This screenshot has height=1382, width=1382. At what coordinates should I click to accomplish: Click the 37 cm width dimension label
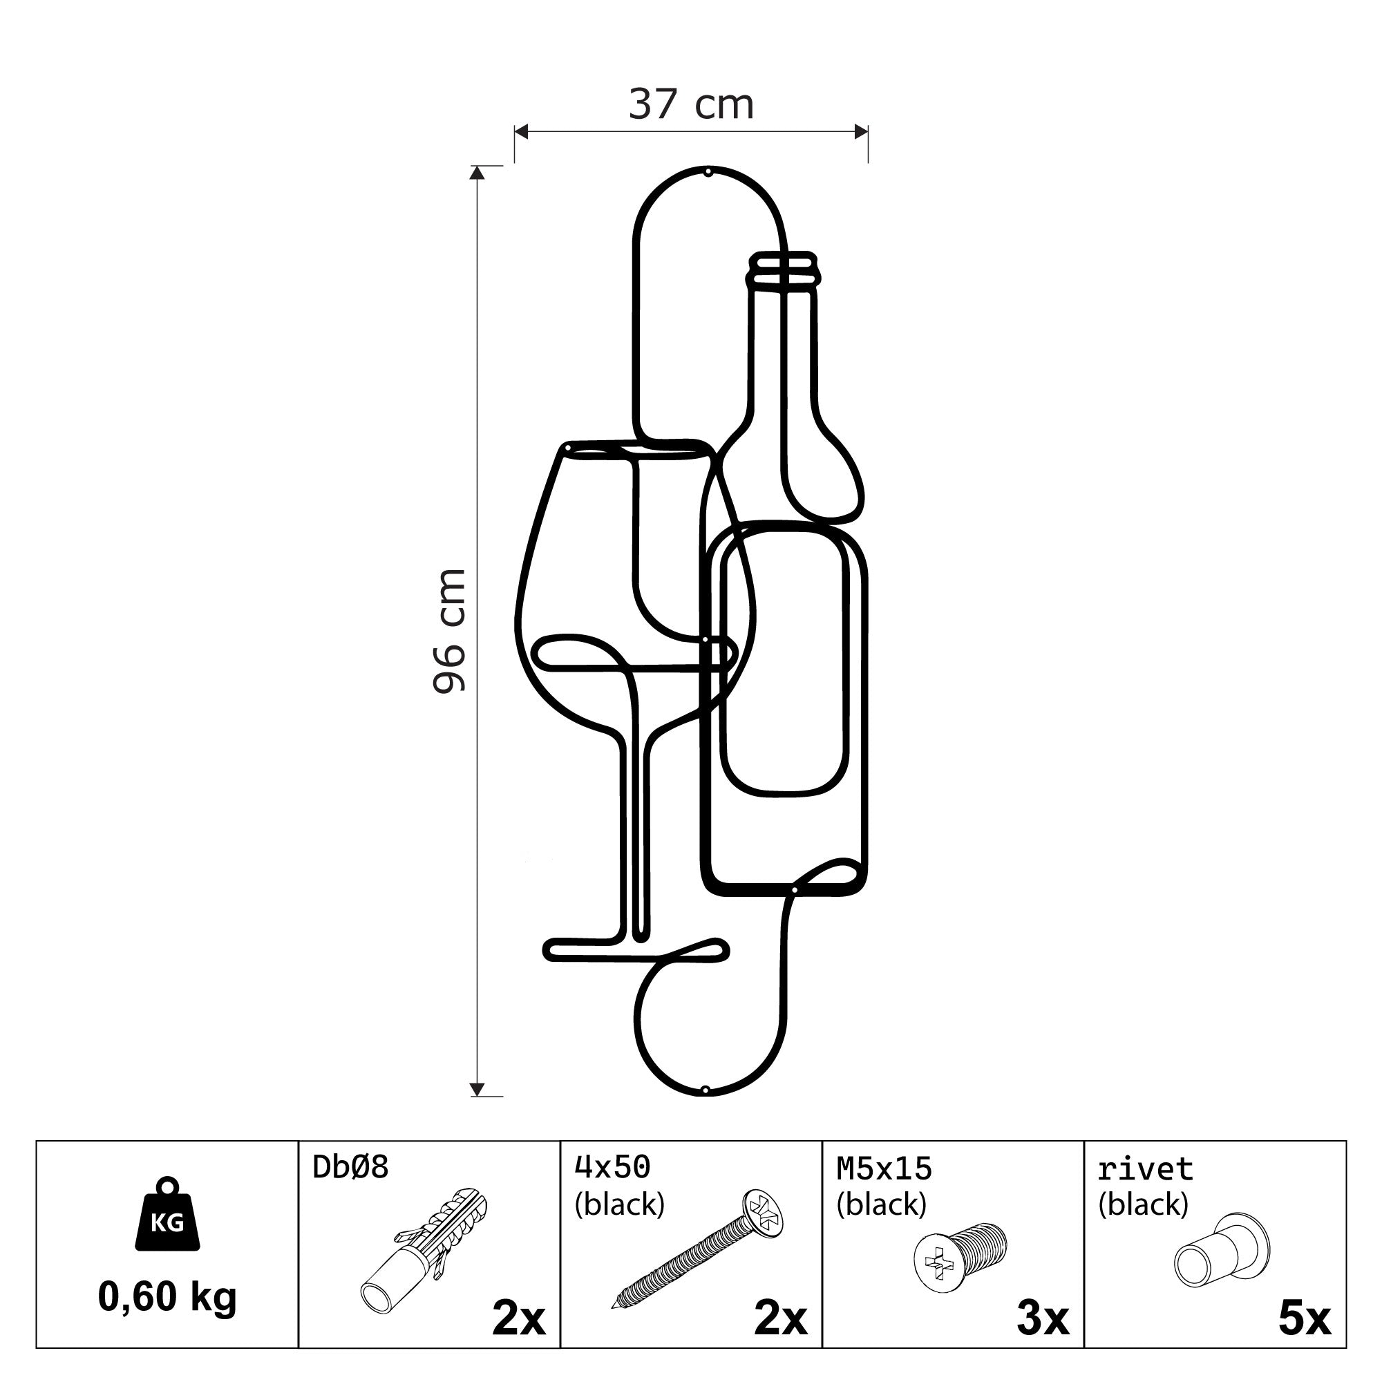(691, 104)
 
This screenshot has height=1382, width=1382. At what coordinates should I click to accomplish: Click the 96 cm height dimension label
(449, 630)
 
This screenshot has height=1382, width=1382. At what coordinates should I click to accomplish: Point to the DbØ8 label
(350, 1166)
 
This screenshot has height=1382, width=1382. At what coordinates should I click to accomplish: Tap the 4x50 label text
(612, 1166)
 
